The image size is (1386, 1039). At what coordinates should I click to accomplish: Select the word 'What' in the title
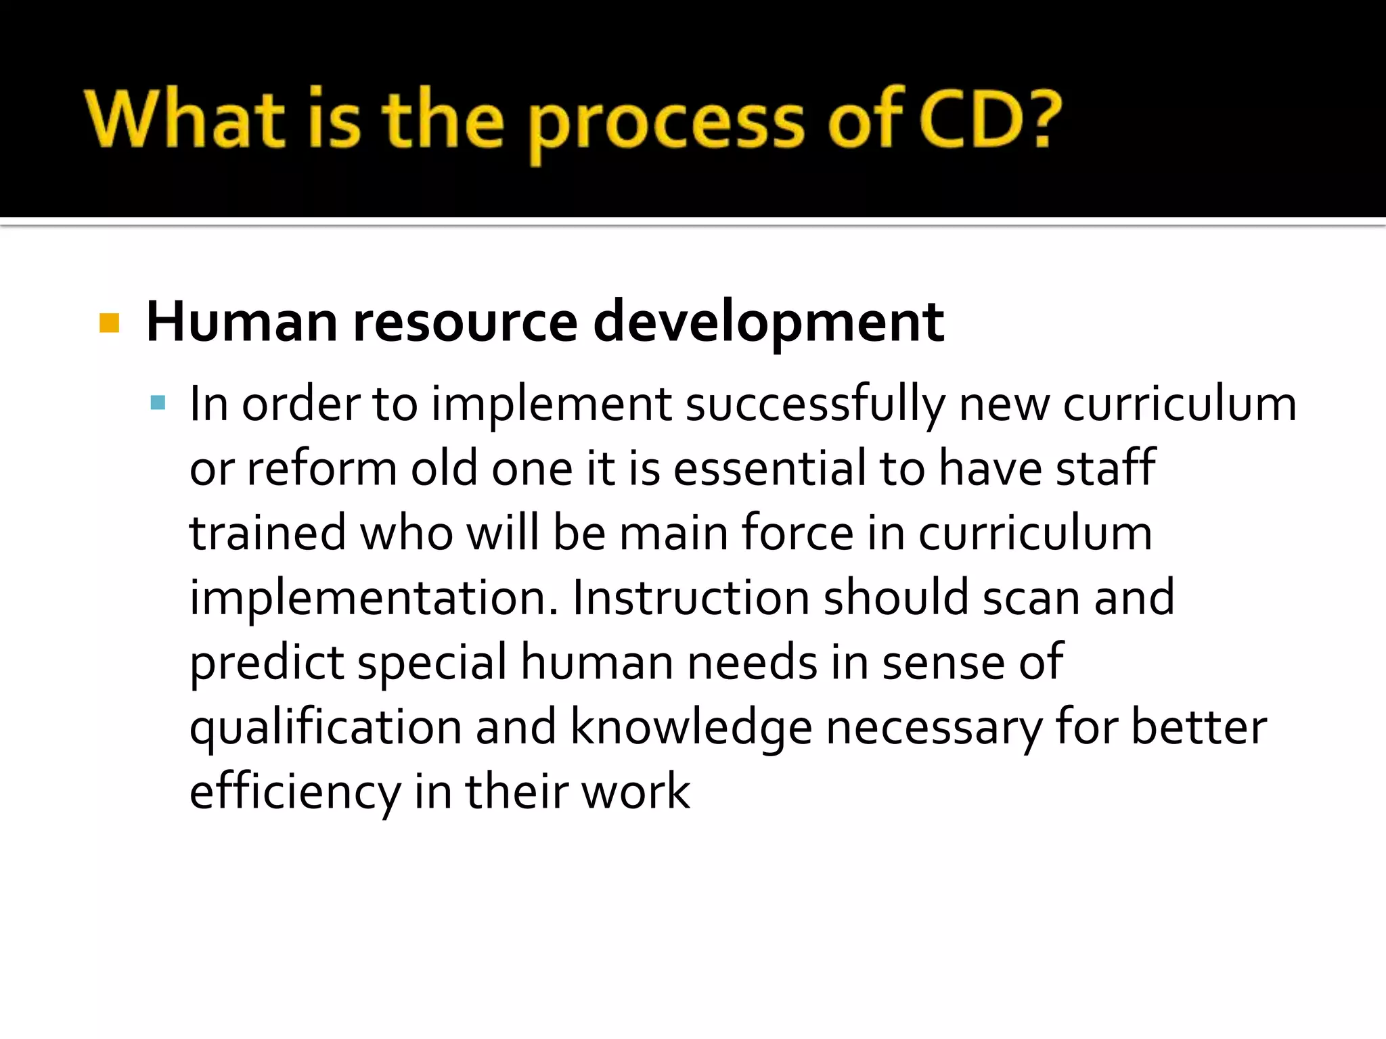pos(184,119)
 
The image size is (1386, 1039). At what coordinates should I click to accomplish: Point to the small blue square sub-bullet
pos(158,404)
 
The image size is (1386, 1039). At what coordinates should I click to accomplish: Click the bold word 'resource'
pos(465,322)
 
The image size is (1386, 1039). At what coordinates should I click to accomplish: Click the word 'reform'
pos(322,468)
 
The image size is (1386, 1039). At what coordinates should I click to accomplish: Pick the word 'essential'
pos(769,468)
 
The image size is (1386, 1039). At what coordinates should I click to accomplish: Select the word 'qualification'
pos(326,728)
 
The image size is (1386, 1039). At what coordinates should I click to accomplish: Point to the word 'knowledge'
pos(691,728)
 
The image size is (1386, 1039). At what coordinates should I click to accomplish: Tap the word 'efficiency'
pos(295,792)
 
